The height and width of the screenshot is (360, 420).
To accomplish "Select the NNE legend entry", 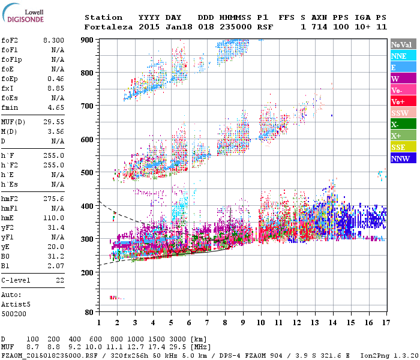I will click(398, 56).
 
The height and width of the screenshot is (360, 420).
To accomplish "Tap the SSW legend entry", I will click(400, 113).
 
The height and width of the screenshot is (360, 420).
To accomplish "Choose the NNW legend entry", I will click(400, 159).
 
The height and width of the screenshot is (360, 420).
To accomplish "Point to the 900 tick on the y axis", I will click(88, 40).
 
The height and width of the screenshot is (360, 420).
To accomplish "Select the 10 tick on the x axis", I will click(260, 323).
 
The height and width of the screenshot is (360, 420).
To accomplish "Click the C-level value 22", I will click(60, 280).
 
